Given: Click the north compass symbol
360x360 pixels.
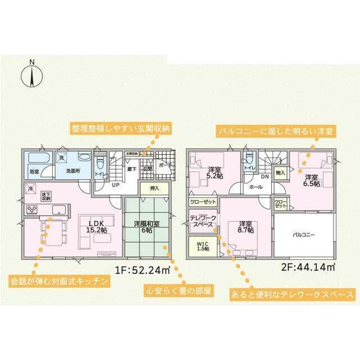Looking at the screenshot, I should pos(33,74).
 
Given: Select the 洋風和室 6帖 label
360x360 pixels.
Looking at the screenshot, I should pos(147,227).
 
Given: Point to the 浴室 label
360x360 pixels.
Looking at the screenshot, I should pos(34,170).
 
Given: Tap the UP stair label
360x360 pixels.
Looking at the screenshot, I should pos(115,184).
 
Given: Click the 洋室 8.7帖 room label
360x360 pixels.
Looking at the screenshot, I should pos(246,226).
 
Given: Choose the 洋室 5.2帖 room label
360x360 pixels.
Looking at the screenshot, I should pos(215,173).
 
